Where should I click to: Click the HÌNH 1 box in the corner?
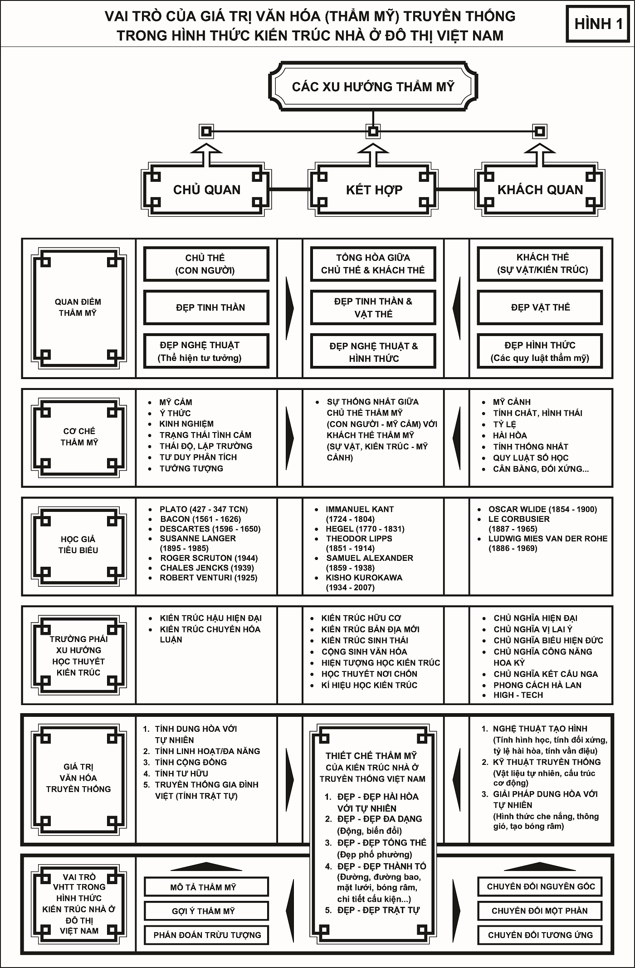[598, 24]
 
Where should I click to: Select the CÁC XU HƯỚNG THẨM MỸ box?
[373, 87]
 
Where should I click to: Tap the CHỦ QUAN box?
[207, 190]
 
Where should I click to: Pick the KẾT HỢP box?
[374, 190]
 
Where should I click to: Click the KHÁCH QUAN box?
[540, 190]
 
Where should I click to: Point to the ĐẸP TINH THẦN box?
[206, 308]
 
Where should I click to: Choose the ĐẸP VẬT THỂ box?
[540, 307]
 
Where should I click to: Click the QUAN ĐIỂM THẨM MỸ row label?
[78, 307]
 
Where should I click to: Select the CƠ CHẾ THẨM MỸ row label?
[79, 437]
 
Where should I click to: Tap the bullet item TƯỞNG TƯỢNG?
[191, 468]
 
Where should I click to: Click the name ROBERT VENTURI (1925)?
[208, 578]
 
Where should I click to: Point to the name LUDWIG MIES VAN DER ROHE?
[547, 539]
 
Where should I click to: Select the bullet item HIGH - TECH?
[518, 695]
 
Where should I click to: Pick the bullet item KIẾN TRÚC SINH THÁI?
[365, 640]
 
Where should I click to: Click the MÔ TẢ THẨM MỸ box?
[206, 887]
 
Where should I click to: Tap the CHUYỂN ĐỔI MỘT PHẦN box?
[539, 911]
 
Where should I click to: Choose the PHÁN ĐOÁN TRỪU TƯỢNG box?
[206, 935]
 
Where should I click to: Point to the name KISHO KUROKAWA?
[364, 578]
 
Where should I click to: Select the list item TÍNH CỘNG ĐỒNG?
[190, 762]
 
